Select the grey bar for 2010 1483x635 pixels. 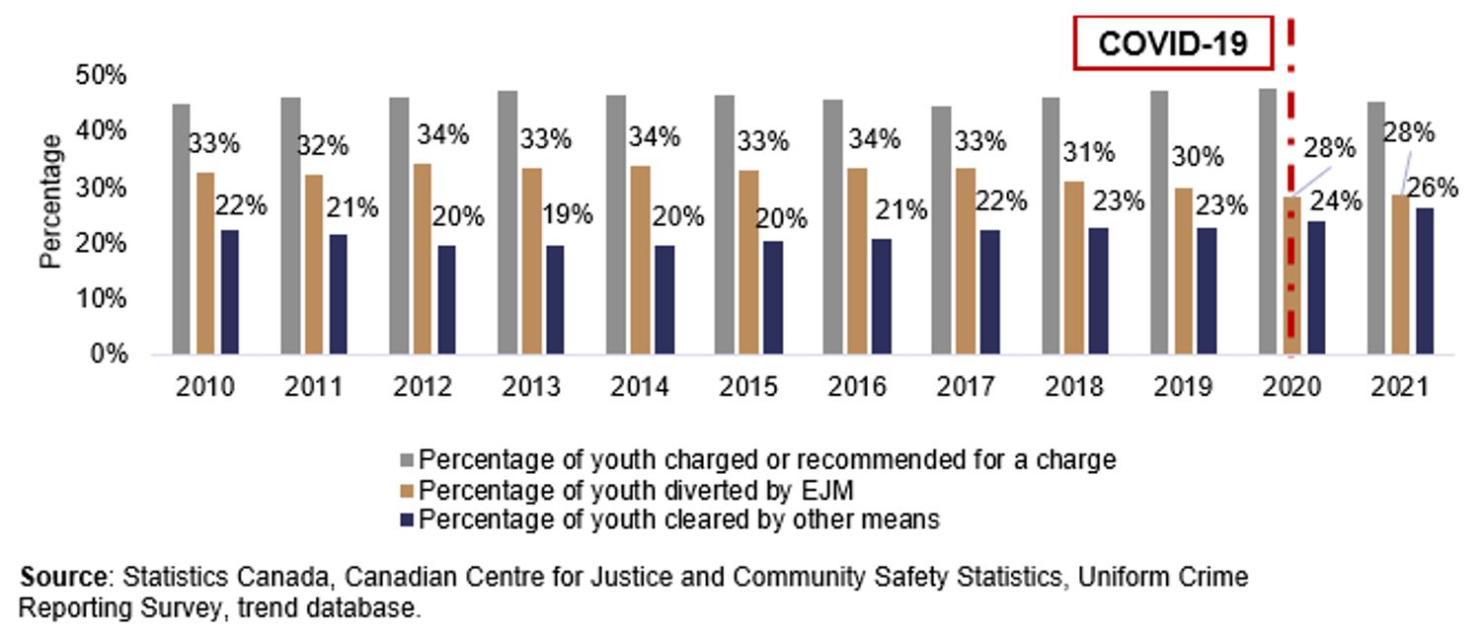click(x=181, y=229)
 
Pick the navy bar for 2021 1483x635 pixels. click(x=1424, y=280)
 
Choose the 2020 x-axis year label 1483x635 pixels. click(x=1291, y=388)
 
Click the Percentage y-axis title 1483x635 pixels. click(x=51, y=201)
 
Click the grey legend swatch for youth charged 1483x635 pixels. click(x=408, y=459)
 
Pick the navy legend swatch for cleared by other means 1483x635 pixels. click(x=408, y=519)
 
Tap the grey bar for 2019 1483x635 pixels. click(x=1159, y=222)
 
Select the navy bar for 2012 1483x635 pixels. click(x=447, y=299)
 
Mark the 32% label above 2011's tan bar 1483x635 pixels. click(x=324, y=146)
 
